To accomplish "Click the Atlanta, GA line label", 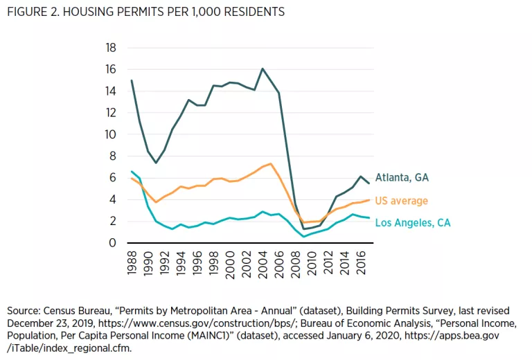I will click(x=402, y=178).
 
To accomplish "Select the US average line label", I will click(x=402, y=201).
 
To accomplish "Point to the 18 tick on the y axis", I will click(x=109, y=48).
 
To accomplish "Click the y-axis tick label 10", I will click(x=109, y=134).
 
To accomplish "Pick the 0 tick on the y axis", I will click(x=112, y=243).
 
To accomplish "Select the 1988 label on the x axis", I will click(x=132, y=264).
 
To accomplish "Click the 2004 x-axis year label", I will click(x=263, y=264).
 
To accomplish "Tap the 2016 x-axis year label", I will click(x=362, y=264).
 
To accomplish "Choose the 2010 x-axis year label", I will click(x=312, y=264).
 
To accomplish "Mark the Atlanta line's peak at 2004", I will click(x=263, y=69).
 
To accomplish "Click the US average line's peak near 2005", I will click(x=271, y=164).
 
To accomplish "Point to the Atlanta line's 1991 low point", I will click(x=157, y=163).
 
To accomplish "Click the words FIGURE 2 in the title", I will click(x=33, y=12).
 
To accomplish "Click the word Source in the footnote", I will click(x=22, y=310).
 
